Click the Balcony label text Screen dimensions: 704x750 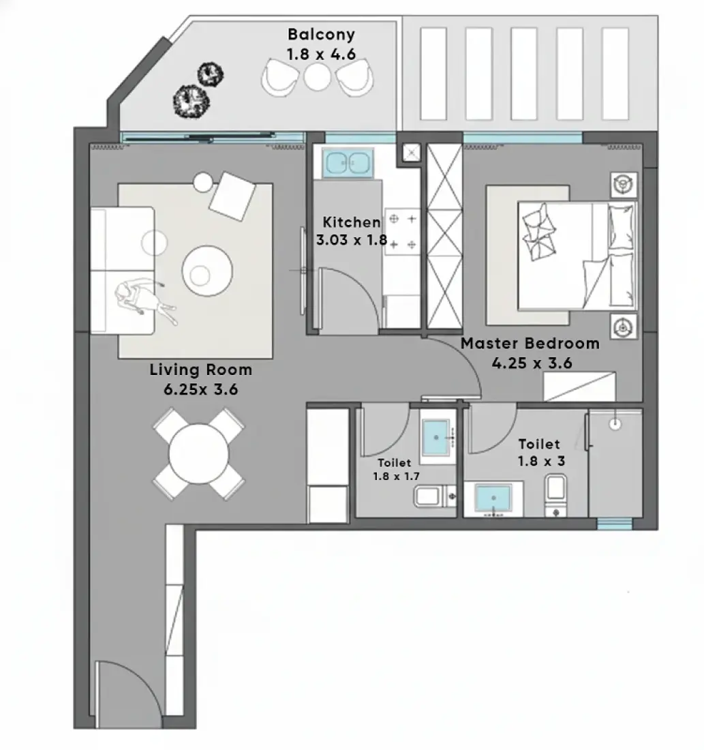(321, 35)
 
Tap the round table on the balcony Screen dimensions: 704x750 (318, 77)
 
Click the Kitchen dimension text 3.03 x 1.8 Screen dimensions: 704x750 (352, 239)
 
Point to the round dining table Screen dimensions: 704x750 (198, 454)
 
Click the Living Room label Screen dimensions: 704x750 (201, 370)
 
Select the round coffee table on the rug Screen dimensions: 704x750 (207, 271)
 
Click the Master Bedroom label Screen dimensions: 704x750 (530, 344)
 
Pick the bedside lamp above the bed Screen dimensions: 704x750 (624, 185)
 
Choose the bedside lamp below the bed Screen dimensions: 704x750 (624, 327)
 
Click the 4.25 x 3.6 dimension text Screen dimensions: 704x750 (532, 363)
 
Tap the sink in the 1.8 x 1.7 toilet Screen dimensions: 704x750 (435, 436)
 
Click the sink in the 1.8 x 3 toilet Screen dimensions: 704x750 (493, 498)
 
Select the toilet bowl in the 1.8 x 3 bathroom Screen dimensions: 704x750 (555, 495)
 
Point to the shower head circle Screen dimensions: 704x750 (615, 423)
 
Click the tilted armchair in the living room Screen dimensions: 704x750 (232, 196)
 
